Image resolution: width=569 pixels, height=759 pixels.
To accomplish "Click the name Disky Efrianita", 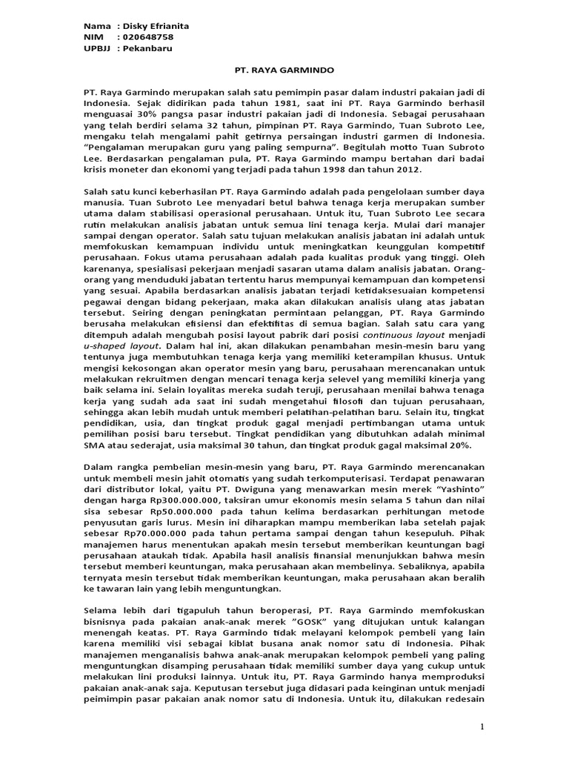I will (157, 26).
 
